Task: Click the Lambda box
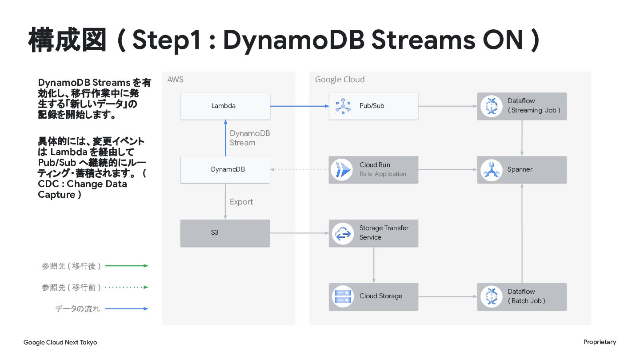coord(225,106)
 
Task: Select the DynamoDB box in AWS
coord(225,170)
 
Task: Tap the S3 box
coord(225,233)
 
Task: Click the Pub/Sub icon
coord(343,106)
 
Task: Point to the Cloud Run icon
coord(342,170)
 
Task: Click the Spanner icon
coord(492,170)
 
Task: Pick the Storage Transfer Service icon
coord(343,233)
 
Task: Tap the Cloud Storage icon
coord(343,296)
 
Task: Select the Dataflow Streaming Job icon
coord(492,106)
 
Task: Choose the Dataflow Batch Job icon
coord(492,296)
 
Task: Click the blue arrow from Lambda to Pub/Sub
coord(300,106)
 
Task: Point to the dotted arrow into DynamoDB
coord(300,169)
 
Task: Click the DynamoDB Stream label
coord(250,138)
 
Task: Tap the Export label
coord(241,202)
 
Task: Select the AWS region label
coord(175,80)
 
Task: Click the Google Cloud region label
coord(340,80)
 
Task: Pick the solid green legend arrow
coord(127,266)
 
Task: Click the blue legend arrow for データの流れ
coord(127,308)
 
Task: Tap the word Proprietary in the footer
coord(600,342)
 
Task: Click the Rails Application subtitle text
coord(383,174)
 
